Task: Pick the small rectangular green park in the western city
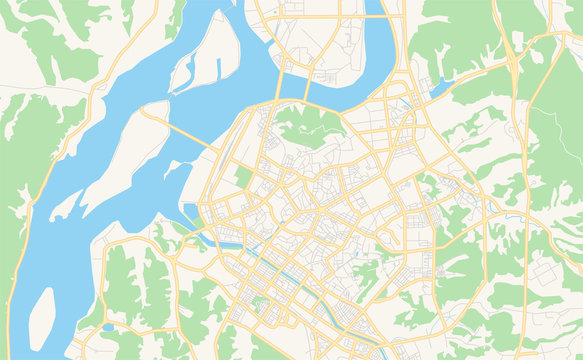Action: [243, 178]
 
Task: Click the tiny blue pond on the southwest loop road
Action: [107, 327]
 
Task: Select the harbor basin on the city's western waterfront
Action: [190, 213]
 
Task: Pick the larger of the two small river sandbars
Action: [64, 206]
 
